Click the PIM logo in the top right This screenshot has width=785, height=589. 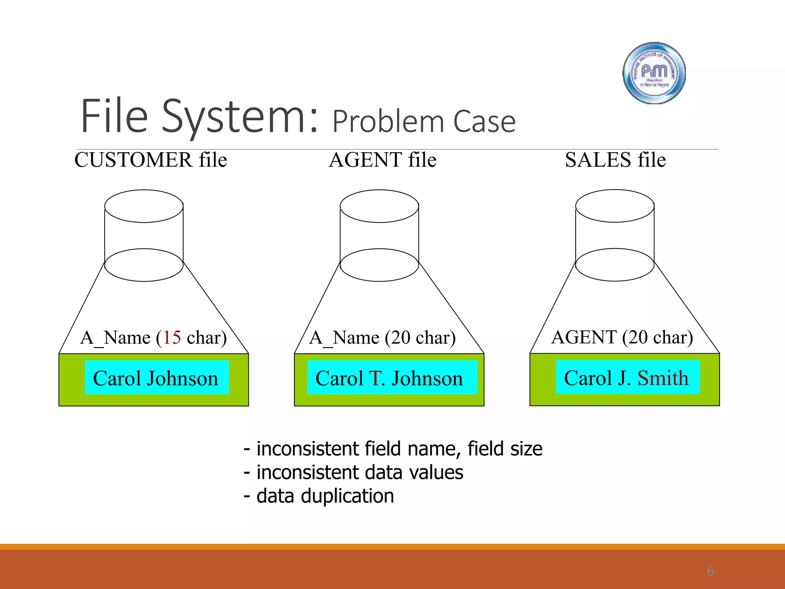click(654, 73)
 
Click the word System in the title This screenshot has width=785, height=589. click(240, 117)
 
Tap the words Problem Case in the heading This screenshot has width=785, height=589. click(424, 122)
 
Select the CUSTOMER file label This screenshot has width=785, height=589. click(151, 160)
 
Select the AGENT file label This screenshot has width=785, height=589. click(383, 160)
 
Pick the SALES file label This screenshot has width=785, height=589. click(615, 160)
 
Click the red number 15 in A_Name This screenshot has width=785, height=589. click(172, 338)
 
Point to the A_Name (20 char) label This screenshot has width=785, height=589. click(383, 338)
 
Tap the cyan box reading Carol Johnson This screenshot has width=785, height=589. click(156, 378)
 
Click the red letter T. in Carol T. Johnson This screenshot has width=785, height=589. click(377, 378)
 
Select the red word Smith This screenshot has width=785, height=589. click(663, 378)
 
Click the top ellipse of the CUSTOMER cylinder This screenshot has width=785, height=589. click(144, 206)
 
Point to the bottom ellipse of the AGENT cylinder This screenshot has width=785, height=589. click(379, 265)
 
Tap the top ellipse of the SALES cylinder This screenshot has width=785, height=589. click(614, 206)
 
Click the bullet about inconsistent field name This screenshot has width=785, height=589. click(393, 449)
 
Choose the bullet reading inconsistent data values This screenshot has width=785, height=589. click(353, 472)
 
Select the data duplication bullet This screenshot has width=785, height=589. click(319, 496)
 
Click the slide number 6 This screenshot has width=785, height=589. click(710, 571)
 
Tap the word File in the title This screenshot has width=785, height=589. click(115, 117)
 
